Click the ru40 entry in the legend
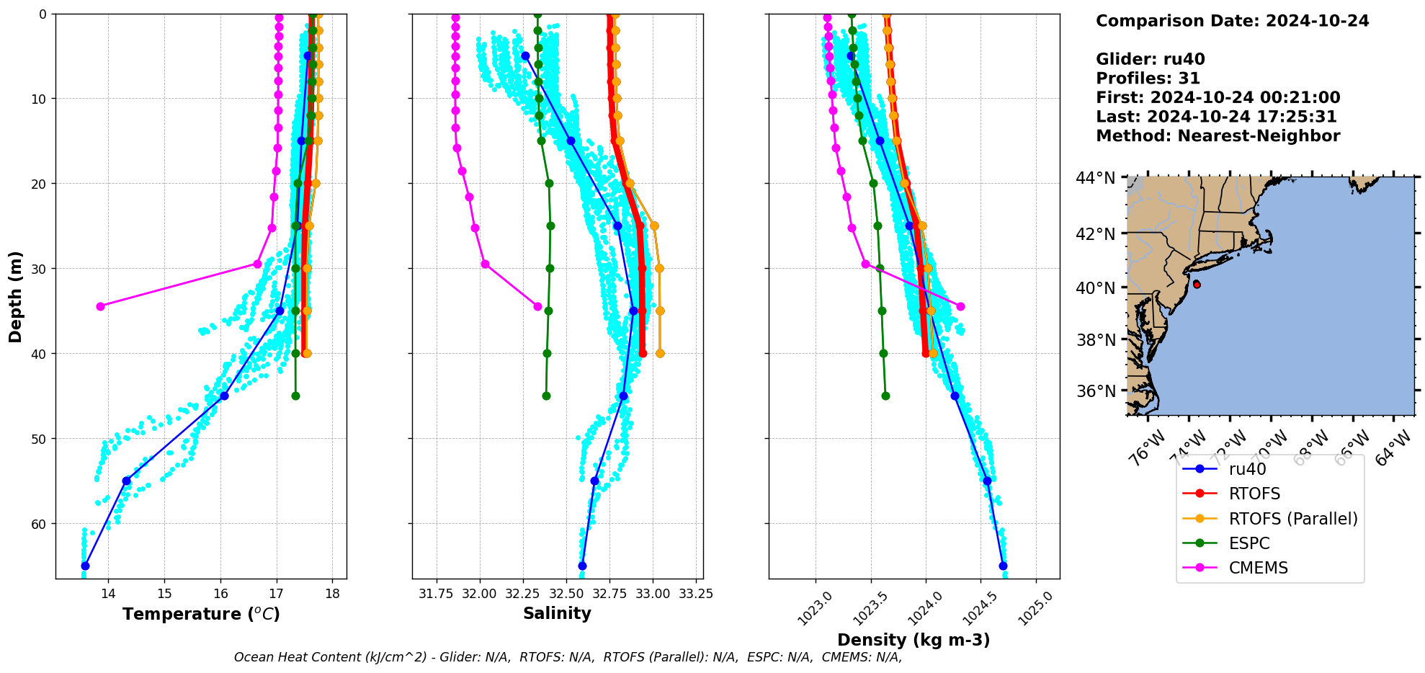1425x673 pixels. pyautogui.click(x=1247, y=469)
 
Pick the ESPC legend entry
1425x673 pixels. pyautogui.click(x=1249, y=543)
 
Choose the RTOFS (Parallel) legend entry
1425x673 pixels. pyautogui.click(x=1293, y=519)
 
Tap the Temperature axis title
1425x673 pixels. pyautogui.click(x=201, y=614)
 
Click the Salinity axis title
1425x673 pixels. pyautogui.click(x=557, y=614)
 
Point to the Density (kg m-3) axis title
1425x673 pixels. pyautogui.click(x=913, y=640)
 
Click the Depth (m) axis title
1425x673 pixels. pyautogui.click(x=16, y=296)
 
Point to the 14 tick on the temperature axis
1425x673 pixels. pyautogui.click(x=108, y=594)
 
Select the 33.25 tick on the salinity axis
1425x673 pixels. pyautogui.click(x=696, y=594)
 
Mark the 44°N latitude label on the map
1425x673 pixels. pyautogui.click(x=1095, y=177)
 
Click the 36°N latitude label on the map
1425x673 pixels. pyautogui.click(x=1095, y=391)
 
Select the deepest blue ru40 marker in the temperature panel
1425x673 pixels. pyautogui.click(x=85, y=566)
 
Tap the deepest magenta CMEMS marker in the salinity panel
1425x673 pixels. pyautogui.click(x=537, y=306)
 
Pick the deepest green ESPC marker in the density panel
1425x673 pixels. pyautogui.click(x=885, y=396)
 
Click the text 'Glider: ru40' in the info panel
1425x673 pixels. pyautogui.click(x=1150, y=59)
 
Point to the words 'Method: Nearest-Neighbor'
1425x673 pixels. pyautogui.click(x=1218, y=135)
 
